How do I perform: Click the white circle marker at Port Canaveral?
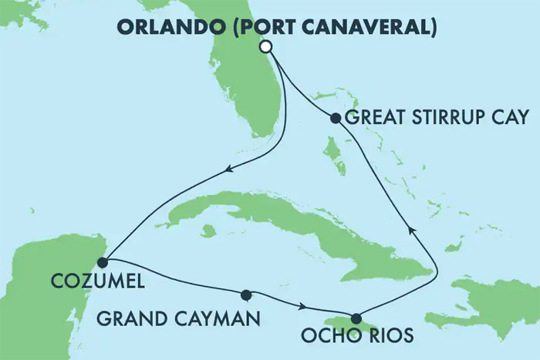(x=266, y=47)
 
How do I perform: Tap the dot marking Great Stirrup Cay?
(x=336, y=119)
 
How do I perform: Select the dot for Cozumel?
(x=103, y=262)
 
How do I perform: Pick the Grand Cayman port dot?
(x=246, y=294)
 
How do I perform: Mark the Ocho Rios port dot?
(x=356, y=318)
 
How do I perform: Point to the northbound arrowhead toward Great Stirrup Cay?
(x=410, y=228)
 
